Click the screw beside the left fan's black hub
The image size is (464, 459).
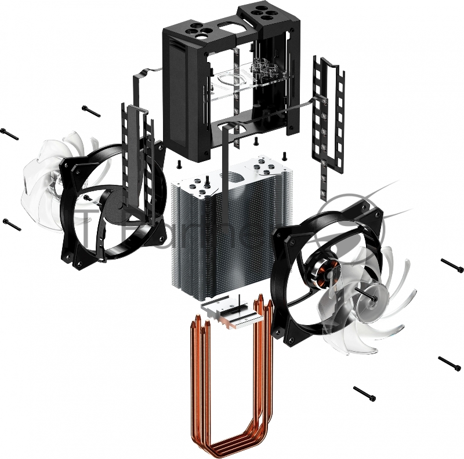pyautogui.click(x=87, y=198)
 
